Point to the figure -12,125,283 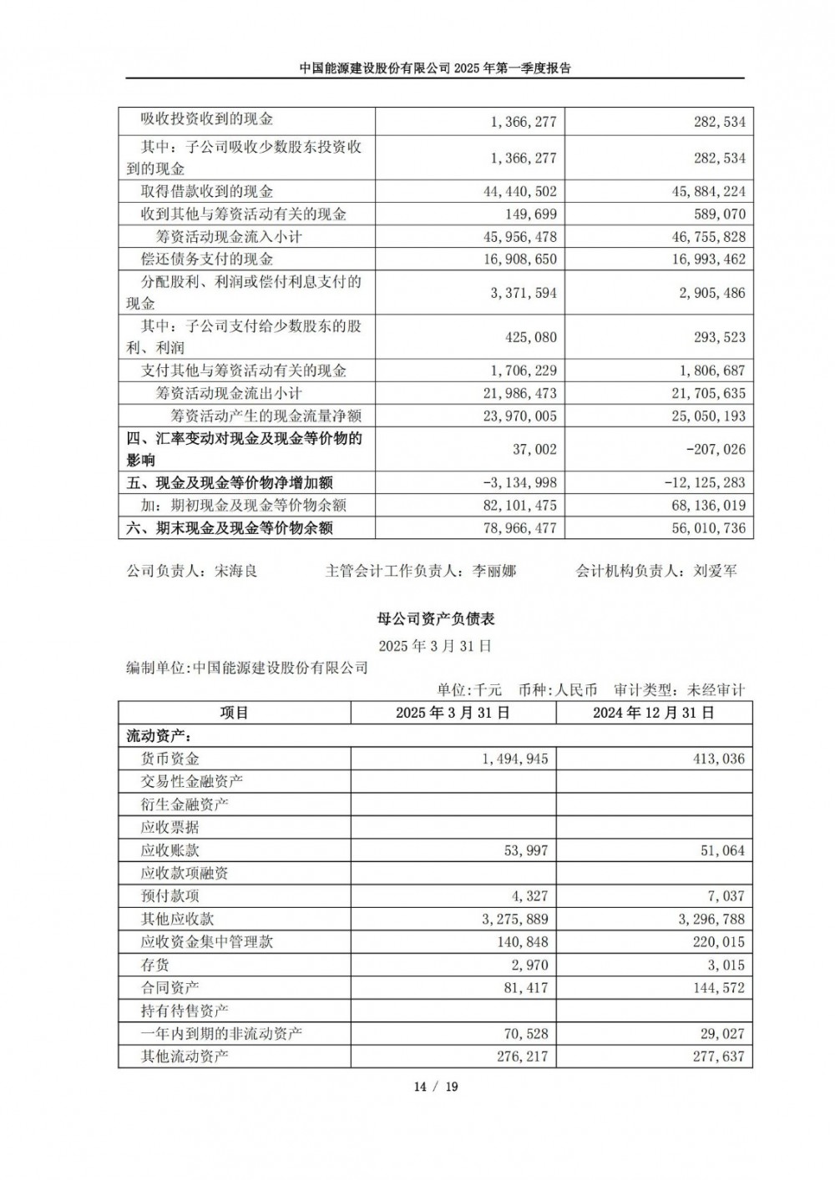(706, 483)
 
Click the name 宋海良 (236, 572)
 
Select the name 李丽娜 (494, 572)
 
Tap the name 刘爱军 (715, 572)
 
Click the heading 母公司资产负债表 (436, 619)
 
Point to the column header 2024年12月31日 (654, 713)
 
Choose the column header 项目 (235, 713)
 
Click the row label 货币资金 (170, 759)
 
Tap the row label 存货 (155, 965)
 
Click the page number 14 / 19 (436, 1087)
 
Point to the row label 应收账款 (170, 850)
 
